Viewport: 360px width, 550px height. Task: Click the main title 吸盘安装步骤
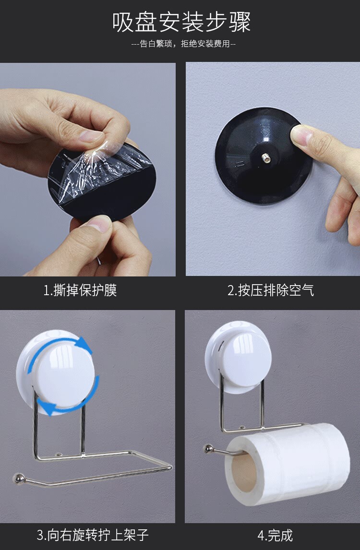181,23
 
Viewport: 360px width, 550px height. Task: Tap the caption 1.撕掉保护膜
80,290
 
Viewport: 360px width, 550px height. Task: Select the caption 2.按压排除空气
271,290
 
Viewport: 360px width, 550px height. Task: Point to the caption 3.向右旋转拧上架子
93,535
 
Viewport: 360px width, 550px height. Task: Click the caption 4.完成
275,535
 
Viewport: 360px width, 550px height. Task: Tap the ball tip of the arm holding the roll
208,448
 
